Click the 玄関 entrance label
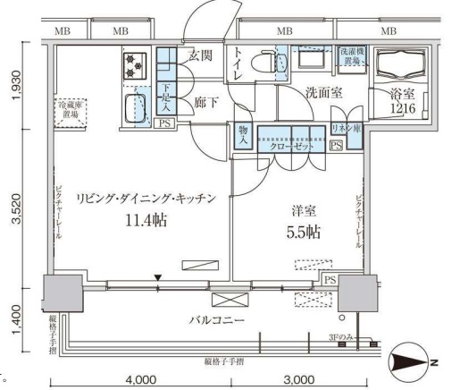(x=201, y=57)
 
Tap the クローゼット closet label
(x=291, y=145)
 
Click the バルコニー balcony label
(x=212, y=318)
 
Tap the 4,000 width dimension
(x=141, y=379)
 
